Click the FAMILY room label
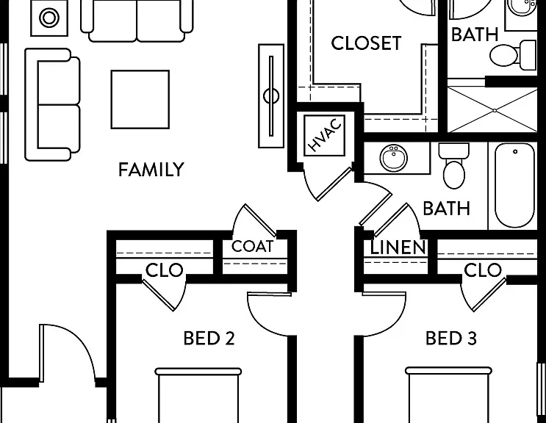tap(151, 170)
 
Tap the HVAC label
tap(325, 135)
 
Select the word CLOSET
tap(366, 43)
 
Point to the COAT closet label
tap(253, 246)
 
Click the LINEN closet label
tap(398, 247)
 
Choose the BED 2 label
tap(209, 338)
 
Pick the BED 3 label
tap(451, 338)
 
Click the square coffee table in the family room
tap(140, 99)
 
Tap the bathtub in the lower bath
tap(514, 186)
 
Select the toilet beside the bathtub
tap(453, 165)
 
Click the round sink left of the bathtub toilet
tap(394, 159)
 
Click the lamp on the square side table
tap(49, 18)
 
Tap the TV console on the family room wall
tap(271, 96)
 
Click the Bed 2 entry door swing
tap(269, 313)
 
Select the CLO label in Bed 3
tap(483, 270)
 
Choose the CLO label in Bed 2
tap(164, 270)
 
